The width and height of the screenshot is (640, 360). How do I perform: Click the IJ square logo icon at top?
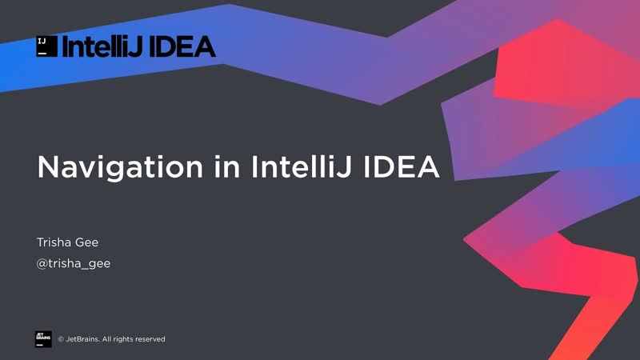coord(46,46)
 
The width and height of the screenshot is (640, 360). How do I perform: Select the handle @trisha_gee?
coord(74,263)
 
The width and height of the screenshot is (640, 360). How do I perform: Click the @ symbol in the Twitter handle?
coord(42,263)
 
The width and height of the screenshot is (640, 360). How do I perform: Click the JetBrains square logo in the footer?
coord(43,338)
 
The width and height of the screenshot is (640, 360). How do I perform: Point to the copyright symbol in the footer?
coord(61,339)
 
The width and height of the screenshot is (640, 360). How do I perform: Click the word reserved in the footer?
coord(149,339)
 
